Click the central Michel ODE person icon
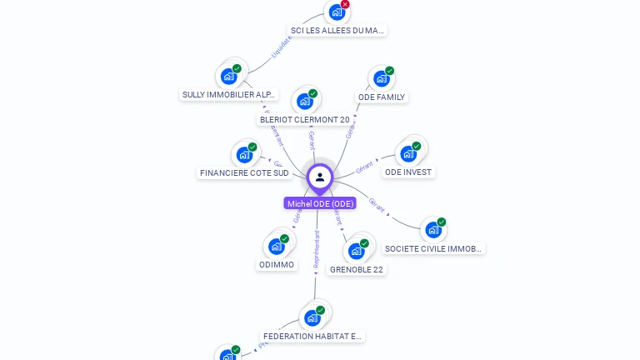point(320,177)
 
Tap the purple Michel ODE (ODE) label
point(320,203)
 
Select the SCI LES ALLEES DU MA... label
point(337,31)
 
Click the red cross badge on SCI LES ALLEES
point(345,4)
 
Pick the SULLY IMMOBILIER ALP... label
point(229,95)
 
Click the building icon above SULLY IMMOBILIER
point(228,77)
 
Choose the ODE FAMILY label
point(382,97)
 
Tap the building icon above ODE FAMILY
point(382,79)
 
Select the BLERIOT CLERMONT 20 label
point(305,120)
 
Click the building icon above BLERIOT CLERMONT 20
point(305,102)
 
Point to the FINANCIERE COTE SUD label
point(244,173)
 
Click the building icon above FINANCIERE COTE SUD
point(244,155)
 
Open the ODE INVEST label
point(408,172)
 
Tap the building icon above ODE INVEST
point(408,154)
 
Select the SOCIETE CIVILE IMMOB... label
point(433,248)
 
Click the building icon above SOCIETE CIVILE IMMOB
point(433,230)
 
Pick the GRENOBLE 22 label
point(357,270)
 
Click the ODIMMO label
point(277,265)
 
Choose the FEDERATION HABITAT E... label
point(312,337)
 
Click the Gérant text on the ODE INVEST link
point(364,167)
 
